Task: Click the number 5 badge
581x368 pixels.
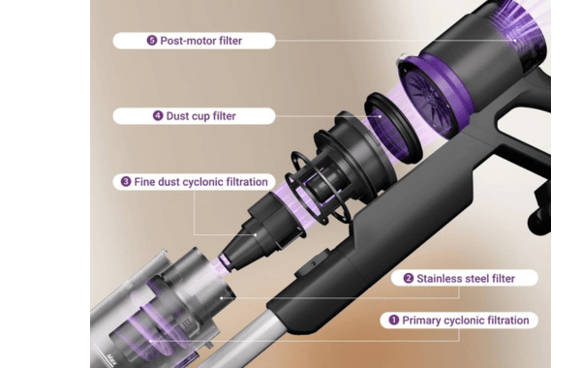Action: [152, 41]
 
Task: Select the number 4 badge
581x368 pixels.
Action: [158, 115]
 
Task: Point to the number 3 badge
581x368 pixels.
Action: [126, 182]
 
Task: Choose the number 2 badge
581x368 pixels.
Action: [409, 278]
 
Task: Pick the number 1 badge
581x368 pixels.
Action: [394, 320]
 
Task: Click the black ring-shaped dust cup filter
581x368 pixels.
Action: [393, 128]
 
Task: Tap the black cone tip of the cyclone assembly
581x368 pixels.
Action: [237, 256]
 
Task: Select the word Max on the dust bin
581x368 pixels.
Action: [110, 359]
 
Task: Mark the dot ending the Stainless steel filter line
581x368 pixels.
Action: [221, 297]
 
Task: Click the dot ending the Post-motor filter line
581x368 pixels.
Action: [515, 41]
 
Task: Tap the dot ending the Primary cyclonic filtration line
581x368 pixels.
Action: [150, 341]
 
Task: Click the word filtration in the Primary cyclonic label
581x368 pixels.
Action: [507, 321]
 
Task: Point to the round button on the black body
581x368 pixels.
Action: [314, 263]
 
